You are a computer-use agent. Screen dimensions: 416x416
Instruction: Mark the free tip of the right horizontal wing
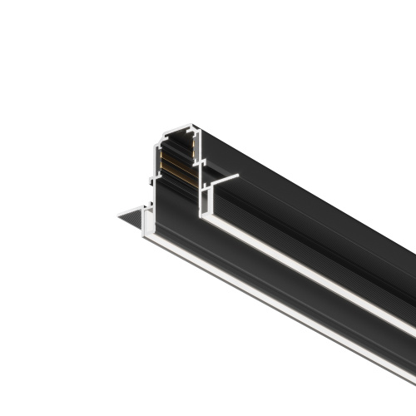pyautogui.click(x=239, y=176)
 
